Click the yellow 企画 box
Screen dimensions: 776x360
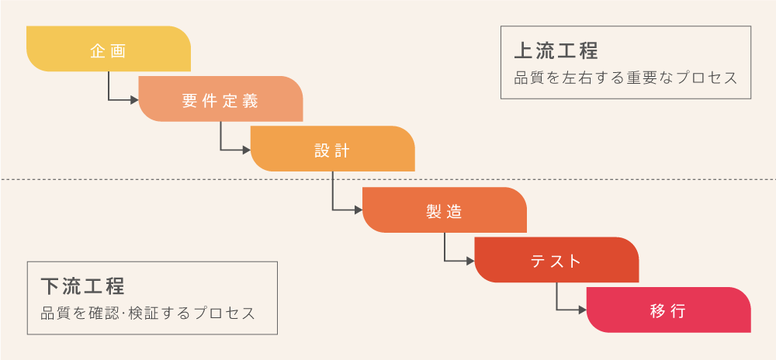(x=109, y=48)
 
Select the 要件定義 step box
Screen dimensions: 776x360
(x=220, y=99)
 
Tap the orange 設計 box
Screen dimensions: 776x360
(x=332, y=149)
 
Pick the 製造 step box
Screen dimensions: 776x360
(x=445, y=209)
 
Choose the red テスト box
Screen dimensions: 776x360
(x=556, y=260)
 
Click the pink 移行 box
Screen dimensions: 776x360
(x=669, y=310)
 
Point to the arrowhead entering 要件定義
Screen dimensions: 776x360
(x=134, y=100)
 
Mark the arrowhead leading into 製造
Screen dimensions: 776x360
(x=359, y=210)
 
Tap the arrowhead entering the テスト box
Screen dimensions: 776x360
(x=470, y=261)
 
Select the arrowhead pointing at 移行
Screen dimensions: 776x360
(x=583, y=310)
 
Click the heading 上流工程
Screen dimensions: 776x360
(x=556, y=51)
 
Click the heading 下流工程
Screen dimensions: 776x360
(x=83, y=286)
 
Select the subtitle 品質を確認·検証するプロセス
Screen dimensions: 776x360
(x=147, y=313)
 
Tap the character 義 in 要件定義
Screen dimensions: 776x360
(x=251, y=102)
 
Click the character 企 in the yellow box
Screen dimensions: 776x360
(x=98, y=51)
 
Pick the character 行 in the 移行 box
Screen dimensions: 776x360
(x=678, y=312)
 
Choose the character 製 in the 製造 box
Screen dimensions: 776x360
(x=434, y=212)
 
